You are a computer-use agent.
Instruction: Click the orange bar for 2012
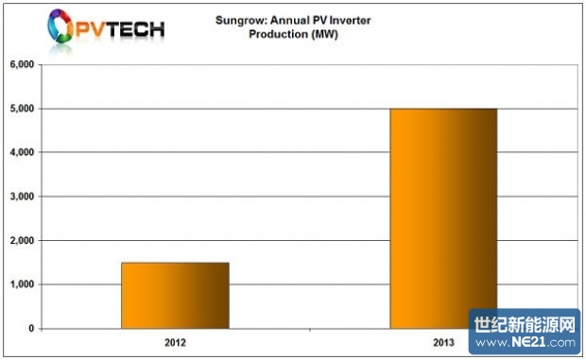coord(175,295)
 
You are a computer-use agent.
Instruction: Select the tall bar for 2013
coord(443,218)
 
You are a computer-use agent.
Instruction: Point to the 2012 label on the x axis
coord(175,340)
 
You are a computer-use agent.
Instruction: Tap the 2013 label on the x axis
coord(442,340)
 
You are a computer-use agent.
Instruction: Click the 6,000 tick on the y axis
coord(22,64)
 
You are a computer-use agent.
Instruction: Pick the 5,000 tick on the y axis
coord(22,109)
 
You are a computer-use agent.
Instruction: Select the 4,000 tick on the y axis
coord(22,152)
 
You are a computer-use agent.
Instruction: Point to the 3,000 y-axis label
coord(22,197)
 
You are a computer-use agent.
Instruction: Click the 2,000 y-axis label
coord(22,241)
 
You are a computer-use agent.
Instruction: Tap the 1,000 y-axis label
coord(22,284)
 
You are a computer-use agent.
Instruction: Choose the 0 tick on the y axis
coord(32,329)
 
